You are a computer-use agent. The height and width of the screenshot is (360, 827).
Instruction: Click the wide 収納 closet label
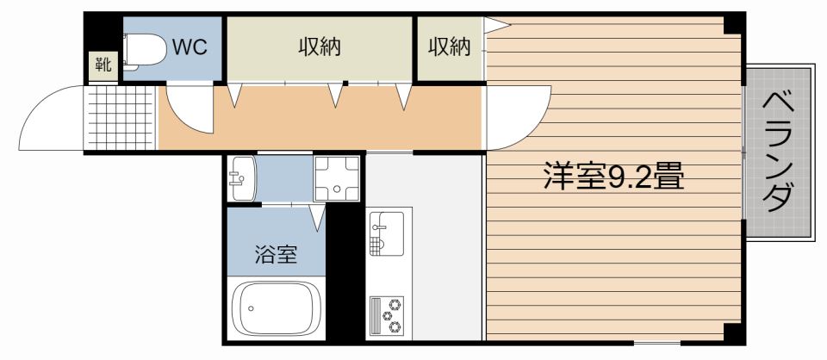(319, 47)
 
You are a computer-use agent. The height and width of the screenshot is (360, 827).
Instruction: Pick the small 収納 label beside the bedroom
(449, 47)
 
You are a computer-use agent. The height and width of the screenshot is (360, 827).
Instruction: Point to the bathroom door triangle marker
(318, 218)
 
